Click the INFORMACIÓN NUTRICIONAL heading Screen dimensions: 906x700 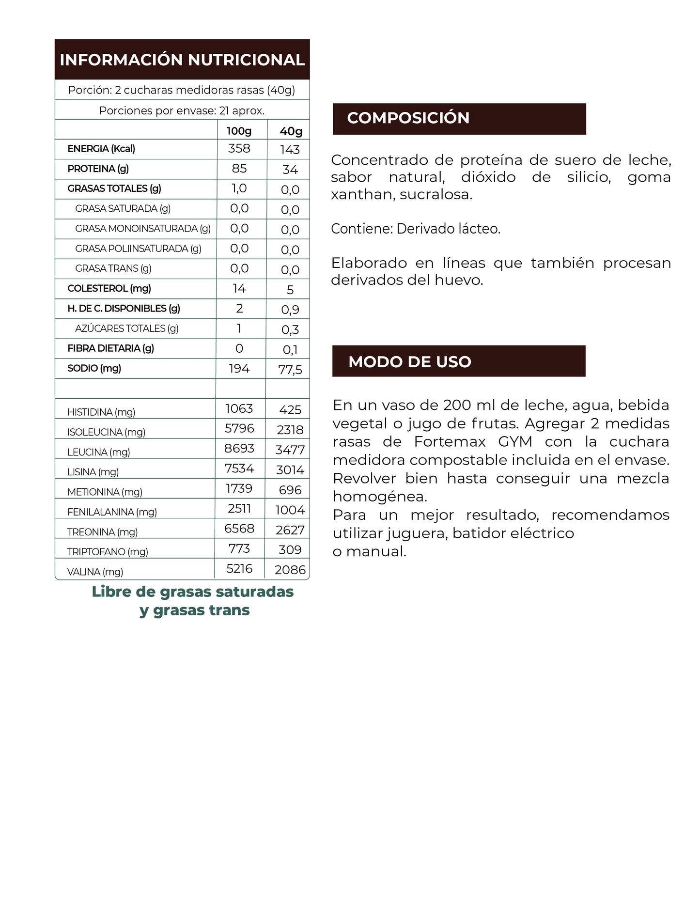click(x=182, y=60)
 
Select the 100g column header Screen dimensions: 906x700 click(x=239, y=131)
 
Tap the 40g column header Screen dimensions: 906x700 click(x=291, y=131)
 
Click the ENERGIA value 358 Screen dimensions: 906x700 click(x=239, y=148)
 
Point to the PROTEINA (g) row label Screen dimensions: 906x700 click(x=98, y=169)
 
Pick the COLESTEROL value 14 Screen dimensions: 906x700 click(x=239, y=288)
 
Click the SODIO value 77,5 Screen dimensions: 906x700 click(x=290, y=370)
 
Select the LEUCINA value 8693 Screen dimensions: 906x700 click(x=239, y=448)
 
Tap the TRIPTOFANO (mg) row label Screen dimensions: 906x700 click(x=108, y=551)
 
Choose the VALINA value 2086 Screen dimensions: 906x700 click(x=290, y=570)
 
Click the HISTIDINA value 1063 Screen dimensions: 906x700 click(x=239, y=408)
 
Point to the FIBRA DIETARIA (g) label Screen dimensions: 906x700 click(x=110, y=348)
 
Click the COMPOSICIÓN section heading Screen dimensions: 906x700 click(x=408, y=118)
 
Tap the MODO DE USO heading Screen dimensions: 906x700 click(x=409, y=361)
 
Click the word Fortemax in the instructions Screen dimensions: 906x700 click(x=450, y=442)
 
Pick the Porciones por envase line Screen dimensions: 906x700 click(x=182, y=110)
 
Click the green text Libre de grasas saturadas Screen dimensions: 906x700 click(x=192, y=592)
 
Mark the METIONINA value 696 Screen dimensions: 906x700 click(x=290, y=490)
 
